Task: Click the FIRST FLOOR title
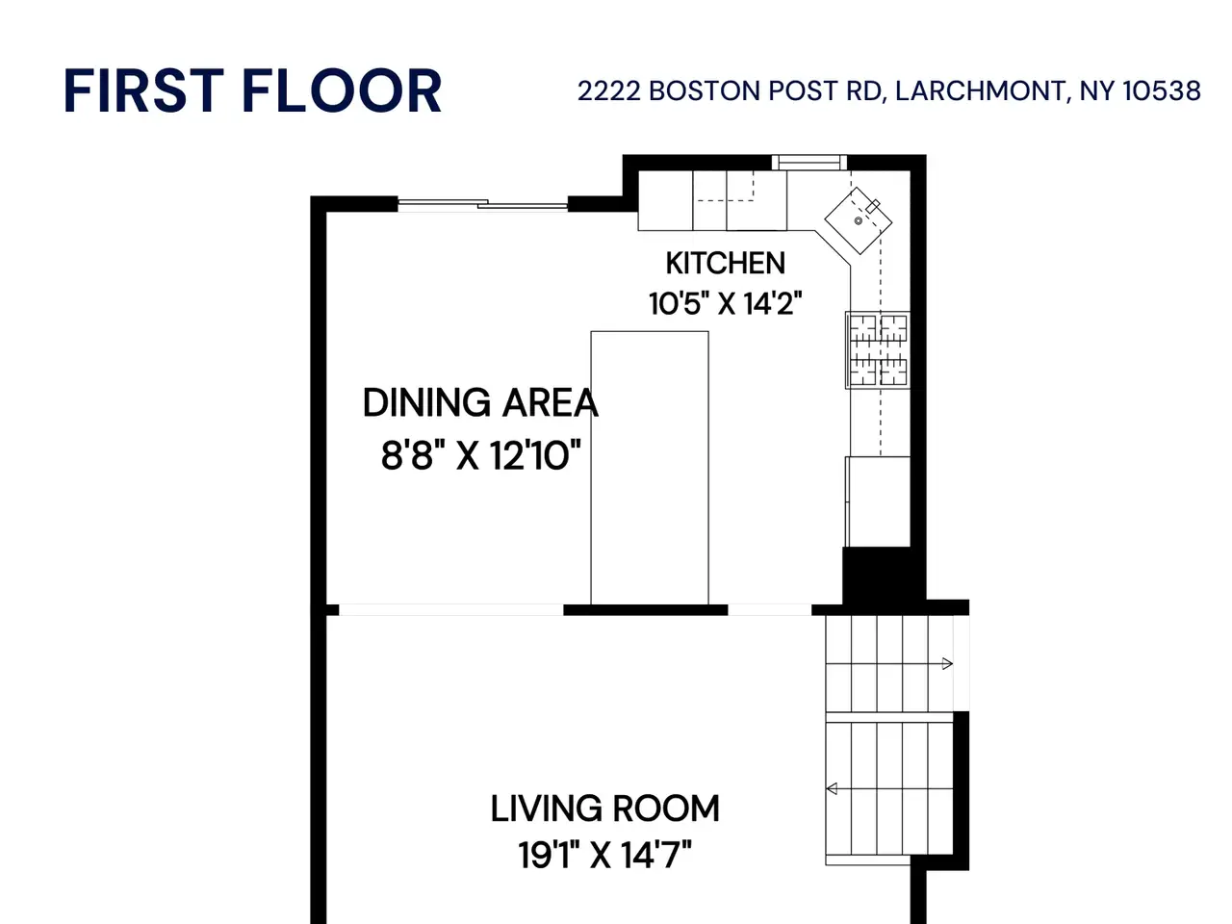pos(252,90)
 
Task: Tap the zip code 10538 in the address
pos(1162,90)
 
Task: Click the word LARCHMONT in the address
pos(980,90)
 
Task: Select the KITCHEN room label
pos(725,263)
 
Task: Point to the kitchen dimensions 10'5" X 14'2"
pos(725,303)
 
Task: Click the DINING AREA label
pos(480,403)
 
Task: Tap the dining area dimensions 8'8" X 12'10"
pos(480,455)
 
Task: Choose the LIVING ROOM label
pos(605,808)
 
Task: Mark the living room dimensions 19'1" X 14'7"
pos(605,855)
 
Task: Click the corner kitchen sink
pos(859,220)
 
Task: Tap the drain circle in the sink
pos(859,221)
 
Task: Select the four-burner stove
pos(878,350)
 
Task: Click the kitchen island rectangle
pos(650,468)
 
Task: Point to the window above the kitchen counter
pos(809,163)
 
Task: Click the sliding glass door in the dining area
pos(483,204)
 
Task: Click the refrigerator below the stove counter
pos(878,501)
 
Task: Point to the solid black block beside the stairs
pos(884,577)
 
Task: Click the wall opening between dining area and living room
pos(450,610)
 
